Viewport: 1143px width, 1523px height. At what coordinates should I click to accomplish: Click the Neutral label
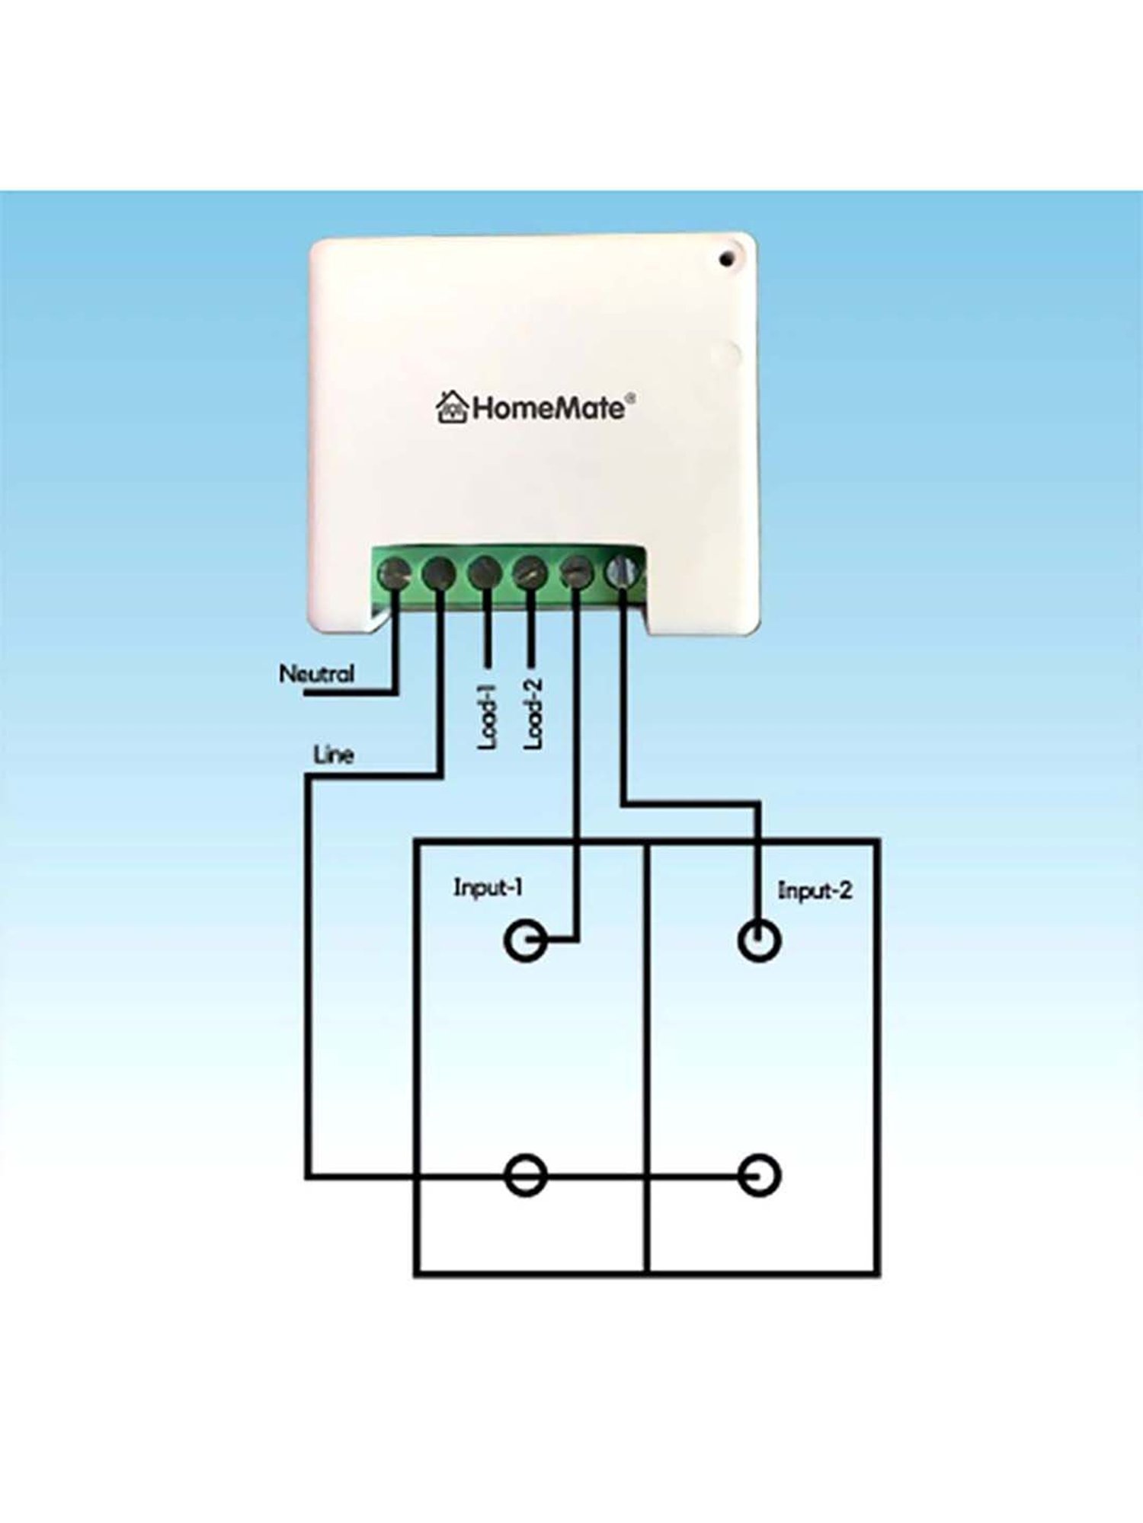pyautogui.click(x=316, y=673)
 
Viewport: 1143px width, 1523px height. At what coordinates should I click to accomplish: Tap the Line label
pyautogui.click(x=334, y=755)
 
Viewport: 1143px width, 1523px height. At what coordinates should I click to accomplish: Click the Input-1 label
pyautogui.click(x=488, y=887)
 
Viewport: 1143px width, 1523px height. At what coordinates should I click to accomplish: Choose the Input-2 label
pyautogui.click(x=815, y=890)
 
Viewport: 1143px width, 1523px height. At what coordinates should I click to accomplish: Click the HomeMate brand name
pyautogui.click(x=548, y=408)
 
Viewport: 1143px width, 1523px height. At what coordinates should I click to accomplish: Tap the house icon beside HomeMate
pyautogui.click(x=451, y=407)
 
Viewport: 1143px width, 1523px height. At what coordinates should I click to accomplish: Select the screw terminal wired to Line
pyautogui.click(x=439, y=573)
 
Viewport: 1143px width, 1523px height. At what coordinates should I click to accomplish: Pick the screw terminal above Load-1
pyautogui.click(x=485, y=573)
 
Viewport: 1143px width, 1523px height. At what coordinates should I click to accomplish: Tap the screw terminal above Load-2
pyautogui.click(x=530, y=573)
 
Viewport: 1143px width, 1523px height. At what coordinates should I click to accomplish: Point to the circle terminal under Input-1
pyautogui.click(x=525, y=943)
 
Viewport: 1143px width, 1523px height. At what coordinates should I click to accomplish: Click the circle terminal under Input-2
pyautogui.click(x=759, y=942)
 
